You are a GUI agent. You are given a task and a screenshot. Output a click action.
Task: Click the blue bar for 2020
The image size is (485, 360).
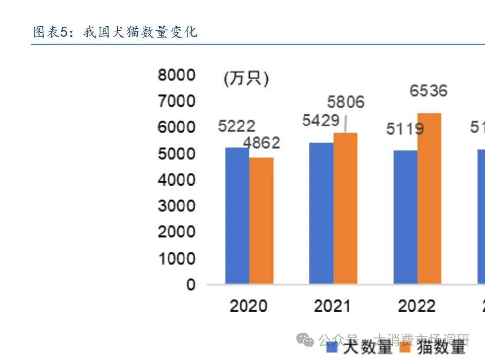pyautogui.click(x=237, y=215)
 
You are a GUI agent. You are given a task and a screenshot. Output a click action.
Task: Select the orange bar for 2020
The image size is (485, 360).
pyautogui.click(x=261, y=221)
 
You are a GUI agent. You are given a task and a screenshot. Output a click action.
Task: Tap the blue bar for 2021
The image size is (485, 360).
pyautogui.click(x=321, y=213)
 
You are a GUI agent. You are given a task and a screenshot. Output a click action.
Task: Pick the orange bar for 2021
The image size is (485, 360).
pyautogui.click(x=345, y=208)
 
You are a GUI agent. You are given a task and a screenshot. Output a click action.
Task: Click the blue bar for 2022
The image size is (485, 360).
pyautogui.click(x=405, y=217)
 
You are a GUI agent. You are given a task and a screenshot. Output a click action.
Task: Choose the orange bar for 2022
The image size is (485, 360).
pyautogui.click(x=429, y=199)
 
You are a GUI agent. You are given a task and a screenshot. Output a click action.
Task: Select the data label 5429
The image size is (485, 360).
pyautogui.click(x=321, y=121)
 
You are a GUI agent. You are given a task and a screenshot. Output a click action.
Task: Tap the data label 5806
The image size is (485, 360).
pyautogui.click(x=346, y=102)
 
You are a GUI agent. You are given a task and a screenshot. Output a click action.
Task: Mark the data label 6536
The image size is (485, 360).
pyautogui.click(x=428, y=91)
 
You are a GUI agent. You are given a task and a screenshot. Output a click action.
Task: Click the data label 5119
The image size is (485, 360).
pyautogui.click(x=405, y=129)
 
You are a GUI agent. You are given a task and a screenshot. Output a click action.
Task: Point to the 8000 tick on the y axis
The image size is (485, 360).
pyautogui.click(x=177, y=75)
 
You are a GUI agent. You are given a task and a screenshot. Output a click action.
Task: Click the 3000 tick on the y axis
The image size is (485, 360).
pyautogui.click(x=177, y=206)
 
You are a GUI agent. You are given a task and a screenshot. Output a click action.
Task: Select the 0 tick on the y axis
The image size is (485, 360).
pyautogui.click(x=191, y=284)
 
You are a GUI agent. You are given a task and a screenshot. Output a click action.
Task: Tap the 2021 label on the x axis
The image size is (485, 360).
pyautogui.click(x=332, y=307)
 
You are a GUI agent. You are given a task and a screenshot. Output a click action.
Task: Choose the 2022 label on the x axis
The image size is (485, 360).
pyautogui.click(x=416, y=307)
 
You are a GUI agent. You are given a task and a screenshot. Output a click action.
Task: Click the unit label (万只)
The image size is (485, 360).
pyautogui.click(x=246, y=79)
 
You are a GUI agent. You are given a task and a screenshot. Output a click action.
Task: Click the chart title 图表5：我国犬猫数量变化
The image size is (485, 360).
pyautogui.click(x=115, y=32)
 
